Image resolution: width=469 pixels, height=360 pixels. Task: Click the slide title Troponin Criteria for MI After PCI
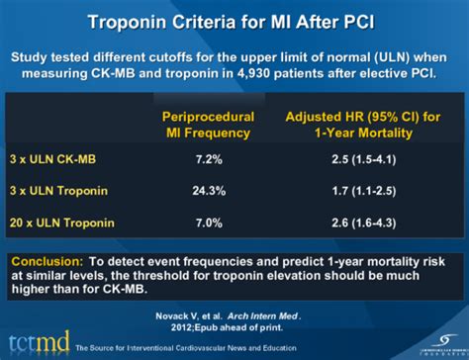(x=234, y=21)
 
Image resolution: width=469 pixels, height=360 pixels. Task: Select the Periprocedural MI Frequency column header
(x=208, y=125)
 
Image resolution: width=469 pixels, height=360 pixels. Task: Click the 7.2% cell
(x=207, y=157)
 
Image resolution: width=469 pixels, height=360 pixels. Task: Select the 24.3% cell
(x=207, y=190)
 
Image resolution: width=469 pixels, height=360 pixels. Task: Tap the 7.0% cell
(x=207, y=224)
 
